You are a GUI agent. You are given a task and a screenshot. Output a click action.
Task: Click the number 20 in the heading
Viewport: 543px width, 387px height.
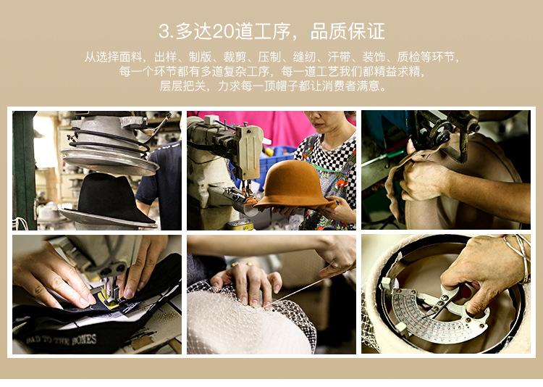tap(223, 32)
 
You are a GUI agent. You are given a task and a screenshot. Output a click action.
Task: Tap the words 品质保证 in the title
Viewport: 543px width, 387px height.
tap(348, 31)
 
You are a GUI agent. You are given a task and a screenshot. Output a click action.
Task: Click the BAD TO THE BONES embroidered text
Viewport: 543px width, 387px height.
tap(62, 340)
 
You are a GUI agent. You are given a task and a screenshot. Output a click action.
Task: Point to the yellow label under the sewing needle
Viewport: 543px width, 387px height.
tap(108, 300)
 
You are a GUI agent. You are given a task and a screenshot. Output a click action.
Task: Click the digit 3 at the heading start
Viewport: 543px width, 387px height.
tap(164, 32)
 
